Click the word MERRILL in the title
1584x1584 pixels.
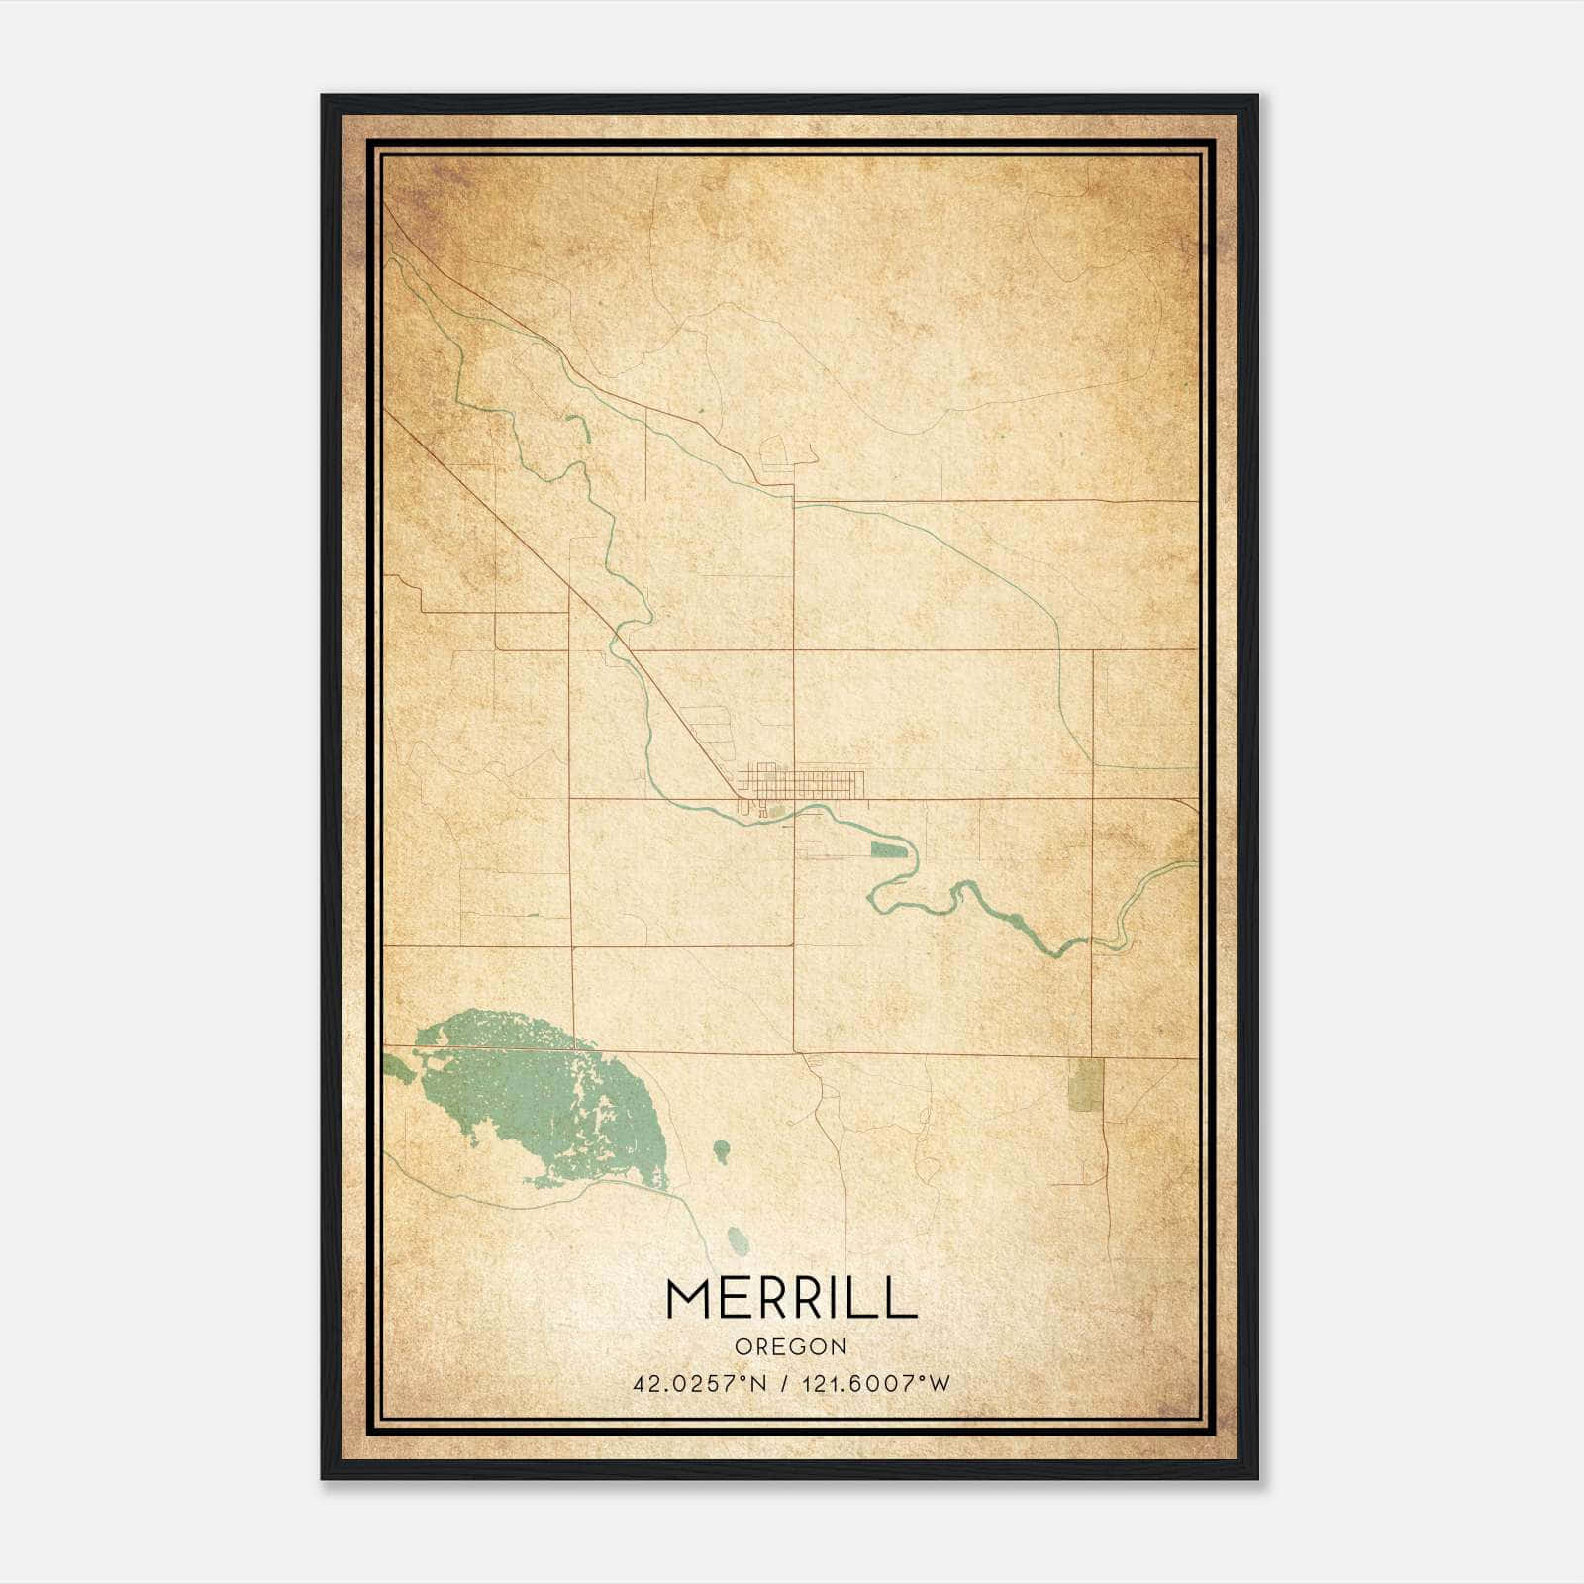tap(791, 1298)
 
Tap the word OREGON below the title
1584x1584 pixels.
tap(791, 1347)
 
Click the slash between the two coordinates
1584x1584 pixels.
tap(784, 1384)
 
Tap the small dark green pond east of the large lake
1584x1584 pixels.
tap(722, 1150)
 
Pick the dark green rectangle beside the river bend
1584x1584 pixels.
tap(888, 849)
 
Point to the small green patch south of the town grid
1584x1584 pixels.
tap(777, 813)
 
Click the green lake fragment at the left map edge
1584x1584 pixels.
tap(396, 1067)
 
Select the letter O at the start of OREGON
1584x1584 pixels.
tap(742, 1347)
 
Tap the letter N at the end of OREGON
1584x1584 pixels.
tap(841, 1347)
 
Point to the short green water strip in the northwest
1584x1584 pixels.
tap(581, 427)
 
